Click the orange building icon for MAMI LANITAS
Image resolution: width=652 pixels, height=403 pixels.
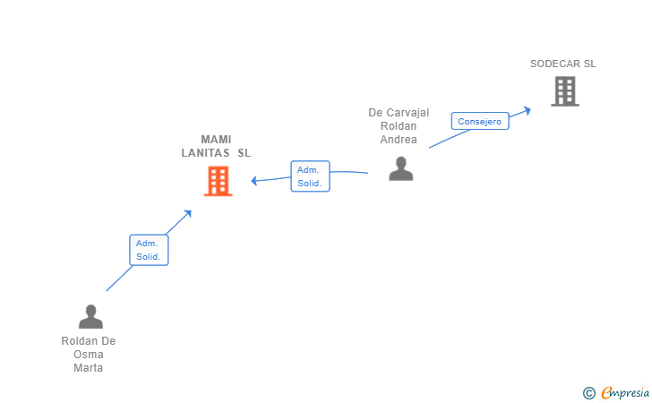218,181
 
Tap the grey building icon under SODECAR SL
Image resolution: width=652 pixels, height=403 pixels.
565,91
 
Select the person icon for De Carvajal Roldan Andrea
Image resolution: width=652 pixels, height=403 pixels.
401,168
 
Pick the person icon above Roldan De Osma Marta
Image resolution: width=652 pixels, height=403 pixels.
90,316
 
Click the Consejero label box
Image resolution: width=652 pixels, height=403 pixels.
480,121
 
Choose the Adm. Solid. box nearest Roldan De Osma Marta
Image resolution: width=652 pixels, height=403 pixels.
149,250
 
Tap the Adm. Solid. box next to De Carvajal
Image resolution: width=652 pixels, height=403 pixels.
310,176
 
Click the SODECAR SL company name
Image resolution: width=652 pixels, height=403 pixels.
562,64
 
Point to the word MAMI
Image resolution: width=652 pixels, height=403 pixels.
216,140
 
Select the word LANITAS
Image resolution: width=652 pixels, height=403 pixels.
205,153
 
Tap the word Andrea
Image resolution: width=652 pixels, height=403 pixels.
399,140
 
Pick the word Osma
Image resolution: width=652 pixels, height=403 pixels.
88,355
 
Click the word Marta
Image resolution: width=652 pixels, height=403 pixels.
88,368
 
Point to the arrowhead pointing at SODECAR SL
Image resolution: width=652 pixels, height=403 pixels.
528,111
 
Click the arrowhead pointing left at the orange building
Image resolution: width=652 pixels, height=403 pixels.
254,181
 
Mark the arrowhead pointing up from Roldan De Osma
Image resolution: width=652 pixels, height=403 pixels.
188,214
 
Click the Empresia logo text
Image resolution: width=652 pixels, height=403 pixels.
625,392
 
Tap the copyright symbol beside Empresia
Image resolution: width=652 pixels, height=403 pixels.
589,393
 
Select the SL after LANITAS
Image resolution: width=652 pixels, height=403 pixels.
244,153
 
